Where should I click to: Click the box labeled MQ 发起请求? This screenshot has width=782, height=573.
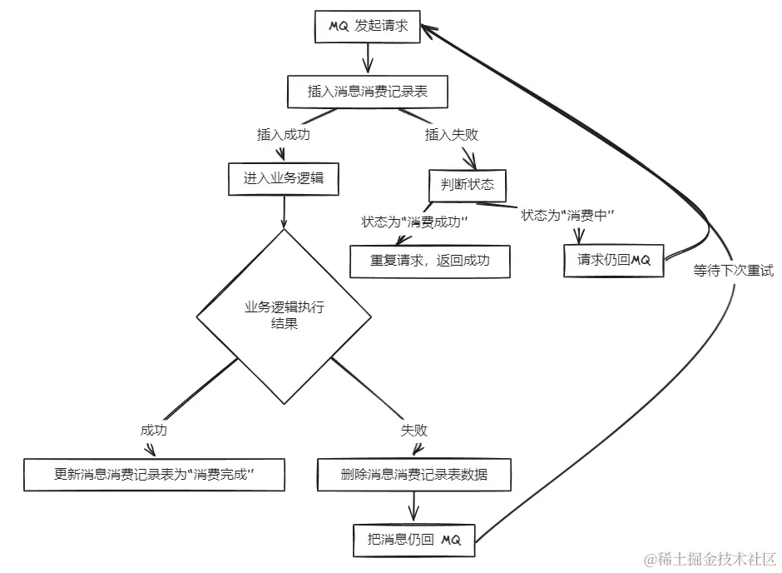(368, 27)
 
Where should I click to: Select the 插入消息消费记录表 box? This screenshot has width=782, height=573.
(368, 92)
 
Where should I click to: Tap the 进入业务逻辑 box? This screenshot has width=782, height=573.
(285, 178)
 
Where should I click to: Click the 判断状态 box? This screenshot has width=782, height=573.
(468, 185)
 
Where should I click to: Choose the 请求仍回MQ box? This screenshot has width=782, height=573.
(615, 260)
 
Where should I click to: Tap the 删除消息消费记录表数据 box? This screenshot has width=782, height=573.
(413, 475)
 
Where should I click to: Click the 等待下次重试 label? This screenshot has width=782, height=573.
(733, 271)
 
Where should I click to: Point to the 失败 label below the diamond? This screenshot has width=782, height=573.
(413, 431)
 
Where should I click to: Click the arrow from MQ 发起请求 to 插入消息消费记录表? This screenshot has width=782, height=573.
(367, 58)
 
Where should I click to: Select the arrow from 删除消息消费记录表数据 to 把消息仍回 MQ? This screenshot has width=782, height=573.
(413, 506)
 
